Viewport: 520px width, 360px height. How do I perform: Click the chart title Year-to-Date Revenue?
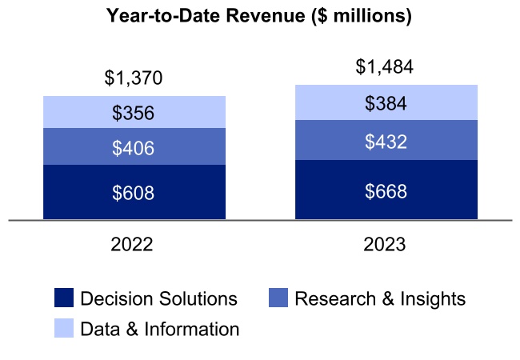click(x=259, y=17)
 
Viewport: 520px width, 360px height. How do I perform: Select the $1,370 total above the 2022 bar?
click(x=134, y=78)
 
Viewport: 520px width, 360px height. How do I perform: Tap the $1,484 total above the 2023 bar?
click(x=385, y=67)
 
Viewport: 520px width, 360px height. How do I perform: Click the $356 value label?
click(x=134, y=113)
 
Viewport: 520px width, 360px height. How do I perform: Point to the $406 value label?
click(x=134, y=147)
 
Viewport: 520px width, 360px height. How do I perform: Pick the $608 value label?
click(x=134, y=193)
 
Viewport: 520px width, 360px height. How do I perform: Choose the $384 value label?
click(x=386, y=103)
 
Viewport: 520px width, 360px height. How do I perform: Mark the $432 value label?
click(x=386, y=142)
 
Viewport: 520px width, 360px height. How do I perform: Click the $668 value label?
click(x=386, y=191)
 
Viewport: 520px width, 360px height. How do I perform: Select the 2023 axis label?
click(x=384, y=244)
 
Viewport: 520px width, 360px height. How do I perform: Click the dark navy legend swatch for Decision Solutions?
click(x=64, y=299)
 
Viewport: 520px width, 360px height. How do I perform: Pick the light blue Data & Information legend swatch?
click(x=64, y=328)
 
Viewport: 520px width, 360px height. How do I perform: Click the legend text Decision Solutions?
click(x=159, y=299)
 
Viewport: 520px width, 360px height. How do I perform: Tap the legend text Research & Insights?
click(x=380, y=299)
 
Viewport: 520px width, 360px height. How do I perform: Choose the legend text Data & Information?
click(x=160, y=329)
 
